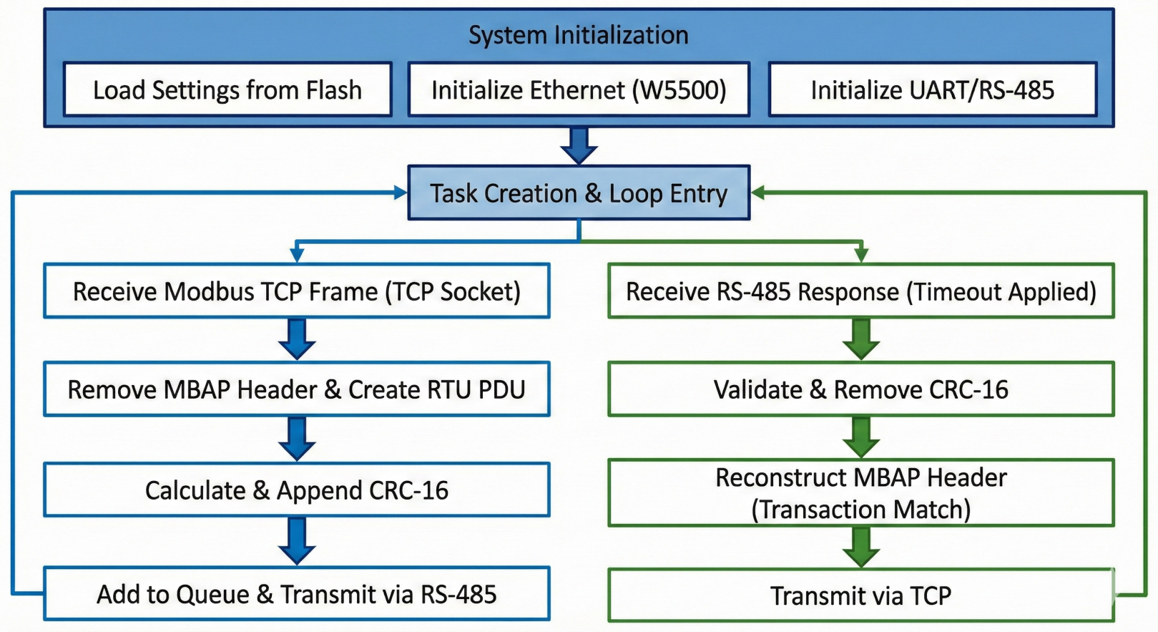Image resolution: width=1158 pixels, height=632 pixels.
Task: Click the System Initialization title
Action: tap(578, 35)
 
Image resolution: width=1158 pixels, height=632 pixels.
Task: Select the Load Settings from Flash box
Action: tap(227, 90)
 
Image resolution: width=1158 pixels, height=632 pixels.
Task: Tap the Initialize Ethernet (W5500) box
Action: tap(578, 90)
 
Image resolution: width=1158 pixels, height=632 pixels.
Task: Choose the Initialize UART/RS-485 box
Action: tap(932, 90)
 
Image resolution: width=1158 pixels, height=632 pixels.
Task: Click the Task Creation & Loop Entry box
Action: tap(578, 193)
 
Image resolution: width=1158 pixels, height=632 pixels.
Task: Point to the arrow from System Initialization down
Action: tap(579, 146)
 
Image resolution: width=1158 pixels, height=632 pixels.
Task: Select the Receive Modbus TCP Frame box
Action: tap(297, 291)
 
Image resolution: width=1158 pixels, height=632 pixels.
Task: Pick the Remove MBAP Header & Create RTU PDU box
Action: tap(297, 389)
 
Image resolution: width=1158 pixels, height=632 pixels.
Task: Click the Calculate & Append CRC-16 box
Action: tap(297, 490)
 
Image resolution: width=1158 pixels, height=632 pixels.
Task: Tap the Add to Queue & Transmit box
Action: tap(297, 594)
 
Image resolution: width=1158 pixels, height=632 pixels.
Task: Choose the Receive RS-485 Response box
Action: tap(860, 291)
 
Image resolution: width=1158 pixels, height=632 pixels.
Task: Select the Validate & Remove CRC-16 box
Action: tap(860, 389)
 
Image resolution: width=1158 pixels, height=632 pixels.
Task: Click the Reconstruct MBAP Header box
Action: tap(860, 493)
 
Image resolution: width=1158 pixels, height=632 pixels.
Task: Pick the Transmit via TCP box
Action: tap(860, 595)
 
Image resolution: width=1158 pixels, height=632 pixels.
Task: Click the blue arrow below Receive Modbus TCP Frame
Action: tap(297, 339)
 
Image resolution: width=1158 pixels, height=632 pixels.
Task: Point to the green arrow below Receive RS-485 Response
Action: tap(861, 339)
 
